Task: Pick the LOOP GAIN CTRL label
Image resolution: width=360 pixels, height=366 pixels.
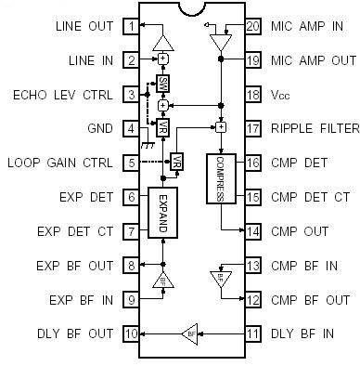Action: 60,162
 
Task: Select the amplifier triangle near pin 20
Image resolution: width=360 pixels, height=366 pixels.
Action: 221,43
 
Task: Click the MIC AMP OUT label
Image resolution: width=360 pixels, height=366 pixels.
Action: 313,59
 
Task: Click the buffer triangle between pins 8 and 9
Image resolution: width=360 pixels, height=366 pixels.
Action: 163,278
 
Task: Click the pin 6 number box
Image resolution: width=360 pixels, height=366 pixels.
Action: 133,196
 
